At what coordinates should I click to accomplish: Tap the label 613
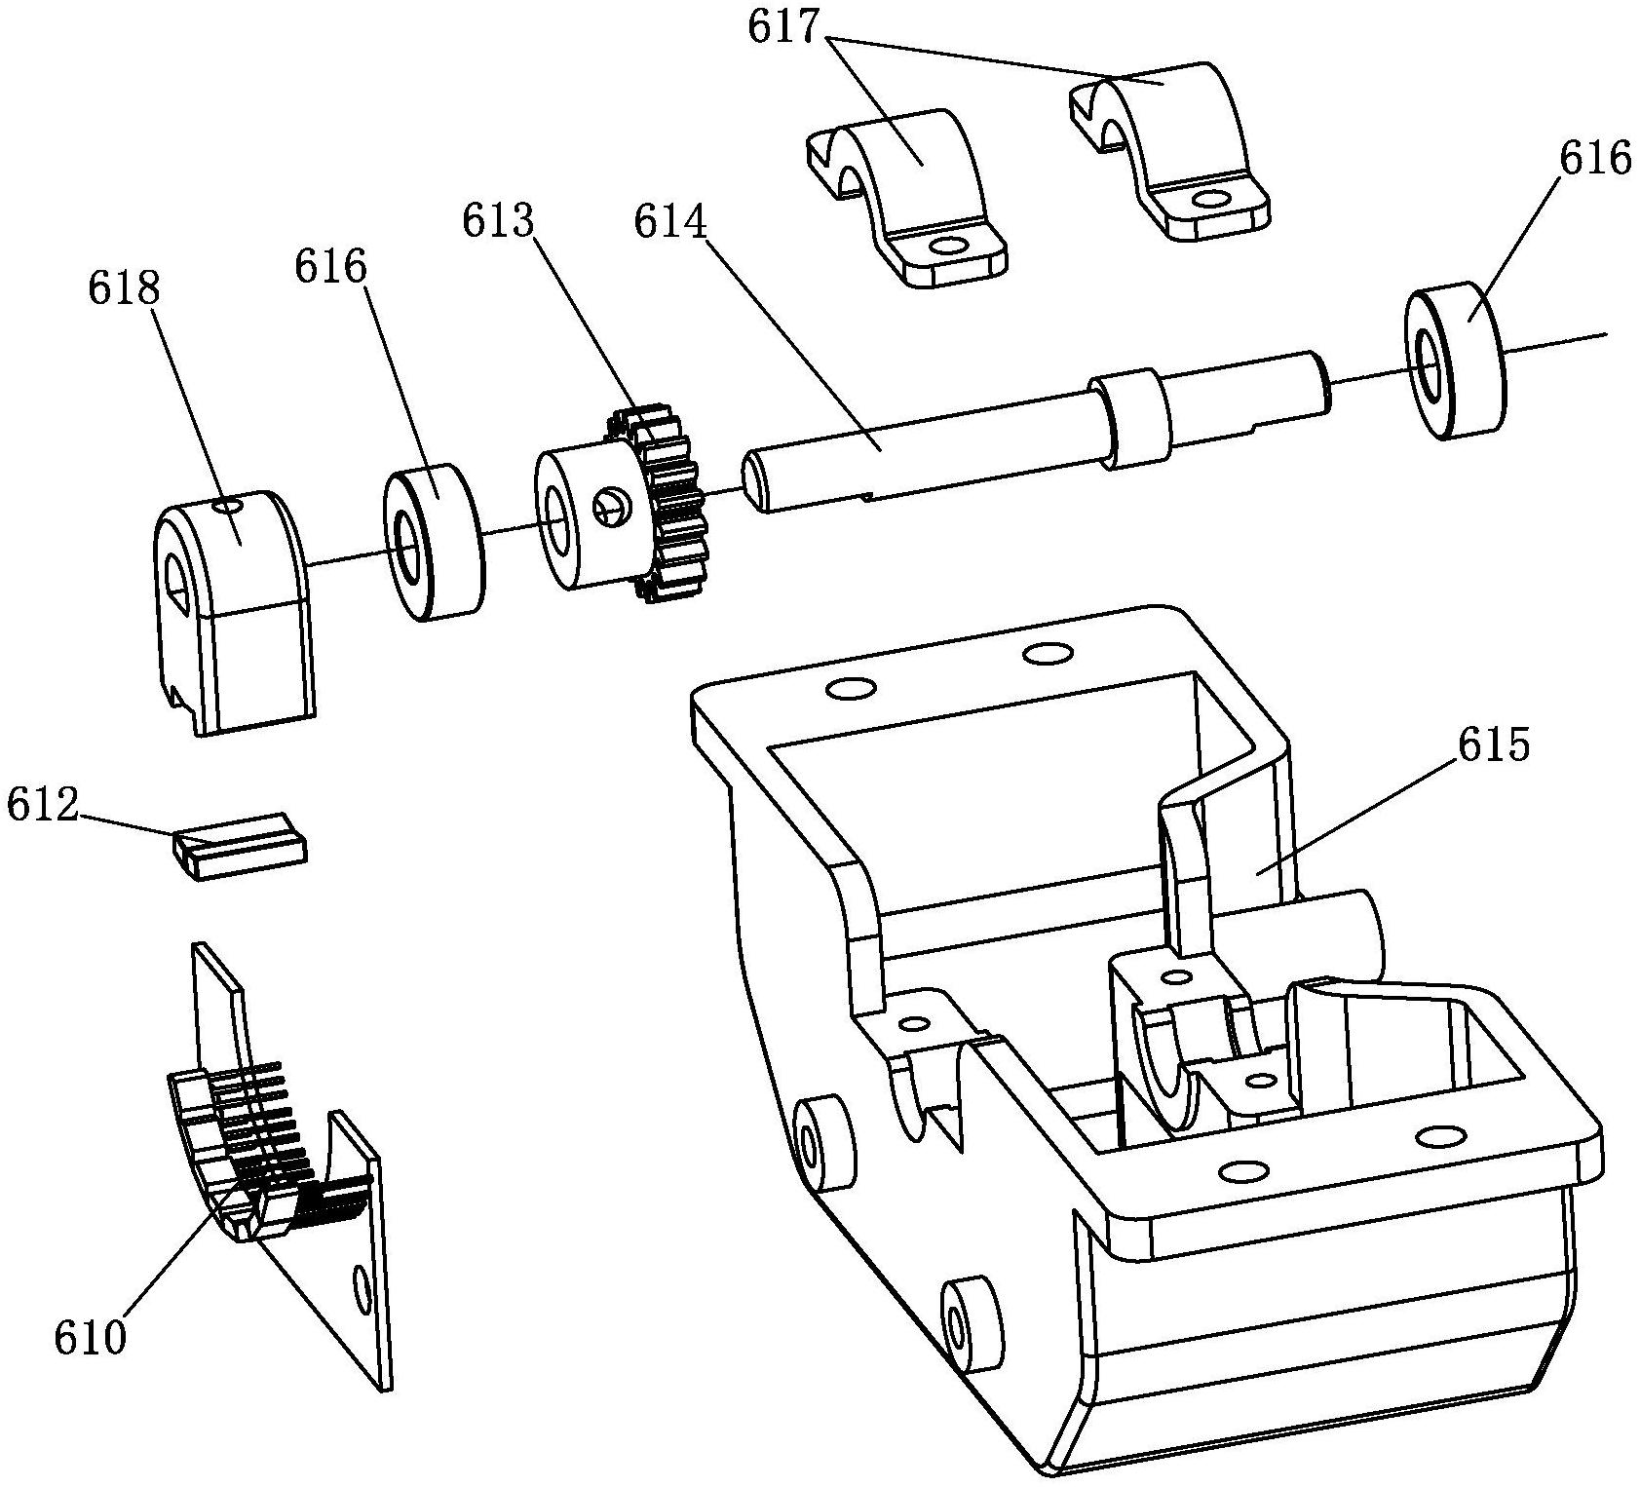[499, 221]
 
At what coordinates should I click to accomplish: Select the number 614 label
[670, 221]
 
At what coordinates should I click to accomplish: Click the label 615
[1494, 744]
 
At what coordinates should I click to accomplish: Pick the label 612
[43, 805]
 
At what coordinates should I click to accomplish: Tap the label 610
[91, 1338]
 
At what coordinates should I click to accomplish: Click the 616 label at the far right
[1594, 157]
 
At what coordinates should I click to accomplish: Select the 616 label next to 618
[331, 265]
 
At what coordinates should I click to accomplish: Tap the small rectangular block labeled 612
[240, 846]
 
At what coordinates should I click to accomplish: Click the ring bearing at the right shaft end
[1455, 362]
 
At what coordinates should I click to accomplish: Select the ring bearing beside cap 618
[435, 542]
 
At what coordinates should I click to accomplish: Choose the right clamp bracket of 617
[1169, 150]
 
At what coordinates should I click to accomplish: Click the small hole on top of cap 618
[227, 505]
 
